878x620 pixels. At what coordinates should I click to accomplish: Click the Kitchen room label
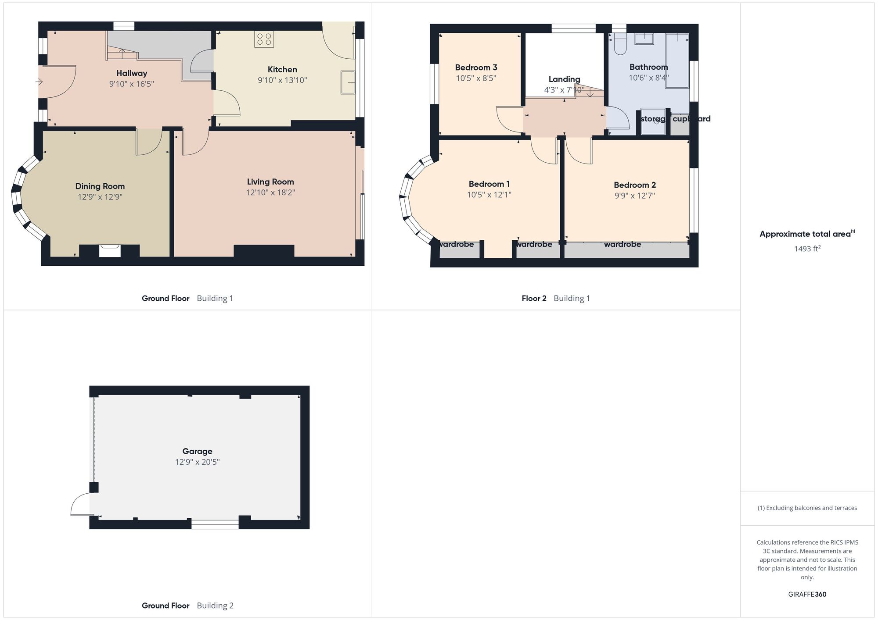click(x=282, y=69)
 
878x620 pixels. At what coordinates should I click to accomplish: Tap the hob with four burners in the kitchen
click(x=264, y=39)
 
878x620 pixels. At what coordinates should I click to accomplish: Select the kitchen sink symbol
click(x=348, y=82)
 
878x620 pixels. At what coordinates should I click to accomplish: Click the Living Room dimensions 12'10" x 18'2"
click(x=270, y=192)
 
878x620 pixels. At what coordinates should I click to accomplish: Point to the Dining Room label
click(x=100, y=186)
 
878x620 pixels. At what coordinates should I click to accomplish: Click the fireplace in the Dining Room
click(x=109, y=250)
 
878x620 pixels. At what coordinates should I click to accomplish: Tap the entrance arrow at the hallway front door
click(x=39, y=82)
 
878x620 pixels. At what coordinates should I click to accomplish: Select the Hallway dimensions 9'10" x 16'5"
click(x=131, y=84)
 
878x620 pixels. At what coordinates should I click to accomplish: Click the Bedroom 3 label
click(x=476, y=68)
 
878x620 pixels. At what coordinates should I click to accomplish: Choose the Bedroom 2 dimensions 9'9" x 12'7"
click(x=634, y=196)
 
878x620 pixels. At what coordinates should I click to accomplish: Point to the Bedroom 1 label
click(x=489, y=184)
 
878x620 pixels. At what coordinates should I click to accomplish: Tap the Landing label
click(x=564, y=79)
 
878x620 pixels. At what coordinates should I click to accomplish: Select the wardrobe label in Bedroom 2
click(x=622, y=244)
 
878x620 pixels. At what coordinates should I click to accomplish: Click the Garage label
click(x=197, y=451)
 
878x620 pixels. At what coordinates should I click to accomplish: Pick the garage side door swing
click(x=80, y=504)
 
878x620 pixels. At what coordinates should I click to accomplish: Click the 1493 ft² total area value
click(x=807, y=249)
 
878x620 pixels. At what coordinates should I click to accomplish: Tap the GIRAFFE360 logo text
click(x=807, y=595)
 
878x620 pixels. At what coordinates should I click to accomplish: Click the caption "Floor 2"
click(x=534, y=299)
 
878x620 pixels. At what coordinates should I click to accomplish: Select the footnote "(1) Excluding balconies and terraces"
click(x=807, y=508)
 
